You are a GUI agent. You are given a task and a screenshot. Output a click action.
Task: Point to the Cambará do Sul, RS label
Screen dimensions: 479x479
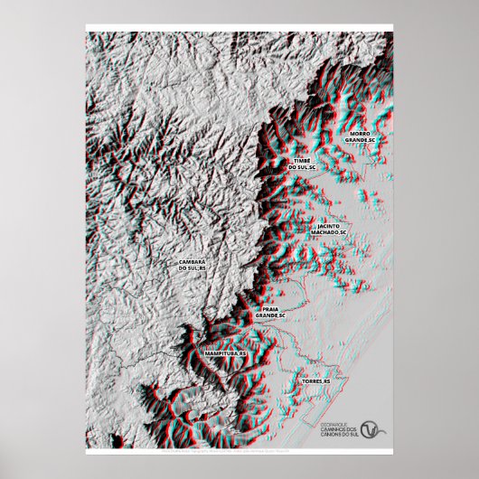(192, 265)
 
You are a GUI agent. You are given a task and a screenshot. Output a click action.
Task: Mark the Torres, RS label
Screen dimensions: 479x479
(316, 383)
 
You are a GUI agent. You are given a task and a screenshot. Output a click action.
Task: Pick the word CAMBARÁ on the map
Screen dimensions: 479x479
(192, 261)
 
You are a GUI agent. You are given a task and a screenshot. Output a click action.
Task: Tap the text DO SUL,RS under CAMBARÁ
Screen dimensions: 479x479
(192, 268)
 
